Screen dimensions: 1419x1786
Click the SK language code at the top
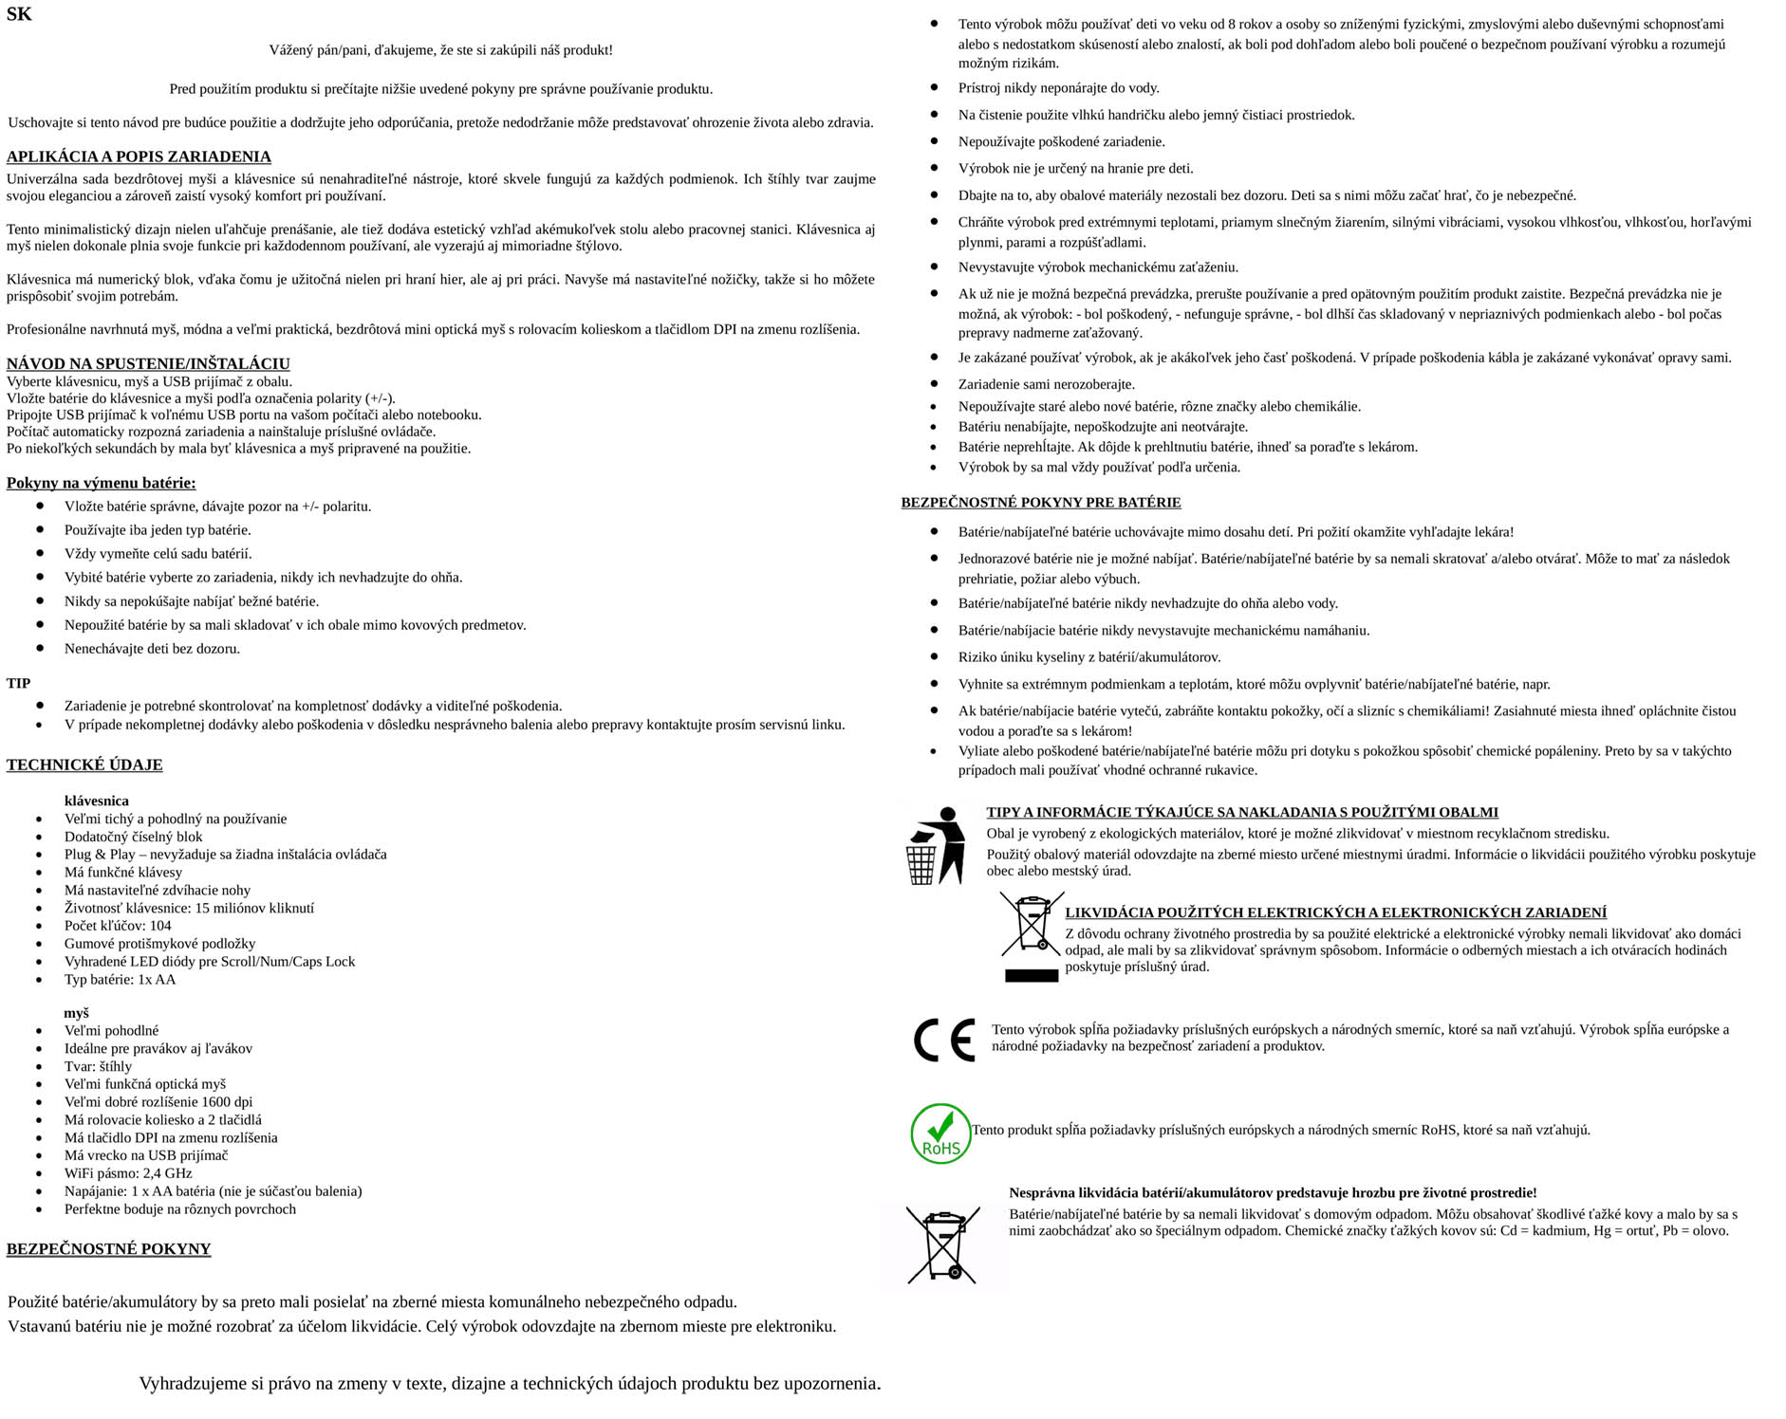click(19, 14)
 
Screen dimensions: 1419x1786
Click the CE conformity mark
click(944, 1040)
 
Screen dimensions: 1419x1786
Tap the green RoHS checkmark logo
click(940, 1133)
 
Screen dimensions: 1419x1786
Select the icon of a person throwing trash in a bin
click(936, 845)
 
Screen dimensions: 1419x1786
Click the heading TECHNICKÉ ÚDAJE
click(84, 765)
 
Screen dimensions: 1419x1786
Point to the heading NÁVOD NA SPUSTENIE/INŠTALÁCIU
click(148, 363)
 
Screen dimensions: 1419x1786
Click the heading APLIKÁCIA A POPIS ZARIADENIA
click(139, 157)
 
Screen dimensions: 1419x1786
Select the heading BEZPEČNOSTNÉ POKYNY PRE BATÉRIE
click(1041, 503)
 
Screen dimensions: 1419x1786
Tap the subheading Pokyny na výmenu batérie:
click(101, 483)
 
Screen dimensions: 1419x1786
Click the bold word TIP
click(19, 683)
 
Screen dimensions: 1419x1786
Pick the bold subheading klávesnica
click(97, 801)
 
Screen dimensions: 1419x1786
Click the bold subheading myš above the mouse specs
click(77, 1013)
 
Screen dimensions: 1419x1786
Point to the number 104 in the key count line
click(160, 926)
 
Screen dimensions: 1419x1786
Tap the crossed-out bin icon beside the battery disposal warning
click(942, 1244)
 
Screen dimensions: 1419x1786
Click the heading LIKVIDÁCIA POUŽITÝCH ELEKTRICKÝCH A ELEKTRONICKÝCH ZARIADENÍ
click(1335, 912)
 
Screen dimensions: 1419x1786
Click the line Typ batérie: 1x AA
click(120, 980)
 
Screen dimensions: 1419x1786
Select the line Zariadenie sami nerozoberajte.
click(1046, 384)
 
